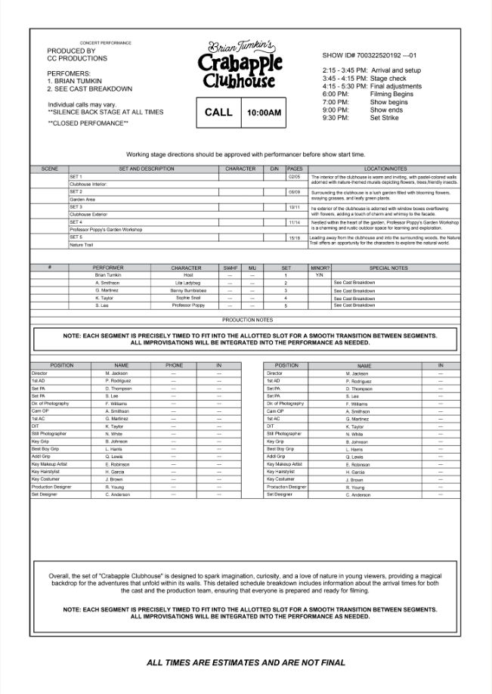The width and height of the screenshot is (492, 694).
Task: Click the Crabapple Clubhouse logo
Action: click(241, 64)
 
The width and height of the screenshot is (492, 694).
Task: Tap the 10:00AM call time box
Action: click(264, 113)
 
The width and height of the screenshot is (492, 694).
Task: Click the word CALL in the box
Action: click(218, 113)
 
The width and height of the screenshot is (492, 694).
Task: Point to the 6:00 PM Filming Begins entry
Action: click(367, 94)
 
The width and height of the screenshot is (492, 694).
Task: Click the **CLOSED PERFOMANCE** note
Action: click(88, 122)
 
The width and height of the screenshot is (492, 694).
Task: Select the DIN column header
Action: click(274, 169)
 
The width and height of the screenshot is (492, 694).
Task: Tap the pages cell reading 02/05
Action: click(295, 176)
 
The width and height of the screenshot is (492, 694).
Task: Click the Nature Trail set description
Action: click(81, 245)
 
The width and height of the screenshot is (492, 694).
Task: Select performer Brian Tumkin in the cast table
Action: click(107, 275)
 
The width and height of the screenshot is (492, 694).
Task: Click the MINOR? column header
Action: click(320, 268)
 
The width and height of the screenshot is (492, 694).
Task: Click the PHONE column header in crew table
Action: click(174, 365)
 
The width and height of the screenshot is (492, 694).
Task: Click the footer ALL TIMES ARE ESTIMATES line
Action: click(246, 663)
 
